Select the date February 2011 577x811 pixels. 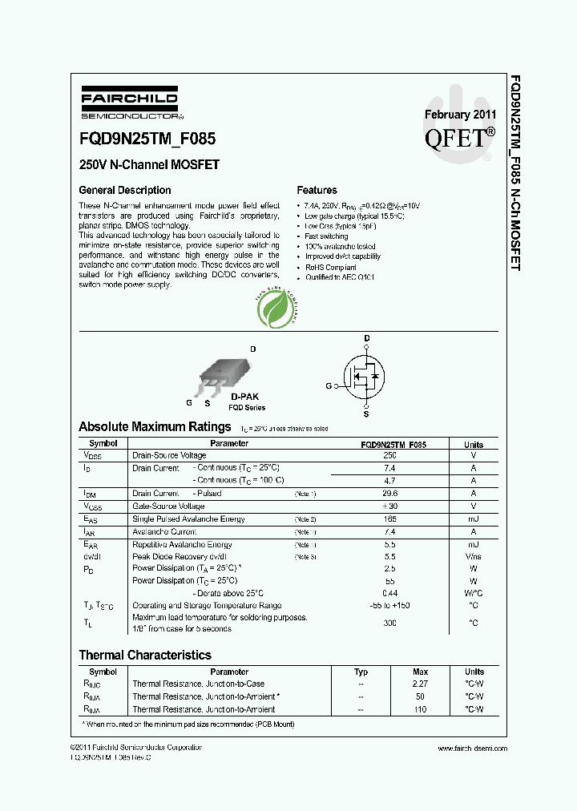click(460, 114)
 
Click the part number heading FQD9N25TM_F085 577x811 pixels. click(147, 138)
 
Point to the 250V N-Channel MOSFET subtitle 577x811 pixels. click(149, 165)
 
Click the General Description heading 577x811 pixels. click(124, 190)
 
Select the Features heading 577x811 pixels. click(317, 190)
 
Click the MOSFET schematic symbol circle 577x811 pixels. click(365, 374)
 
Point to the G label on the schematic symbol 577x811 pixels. click(328, 385)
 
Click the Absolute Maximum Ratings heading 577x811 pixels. click(155, 426)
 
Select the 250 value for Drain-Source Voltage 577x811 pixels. click(389, 455)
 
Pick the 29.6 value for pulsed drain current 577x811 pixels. click(389, 494)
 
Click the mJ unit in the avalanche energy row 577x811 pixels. click(473, 519)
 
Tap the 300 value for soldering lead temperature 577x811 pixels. click(389, 622)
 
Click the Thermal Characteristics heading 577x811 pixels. click(145, 655)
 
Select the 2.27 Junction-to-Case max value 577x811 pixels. click(420, 684)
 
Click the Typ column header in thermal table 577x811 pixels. click(361, 672)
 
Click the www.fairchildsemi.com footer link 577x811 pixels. click(473, 748)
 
